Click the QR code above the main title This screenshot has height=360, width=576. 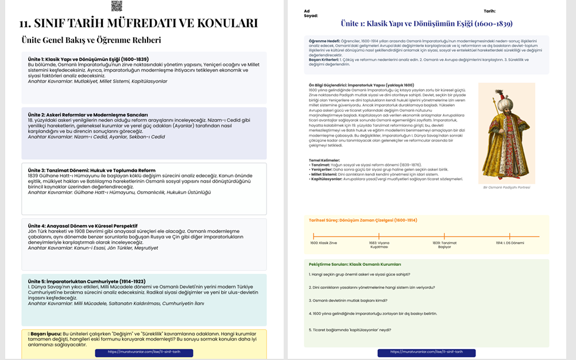[117, 6]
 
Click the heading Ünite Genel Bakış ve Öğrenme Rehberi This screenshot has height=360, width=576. [91, 40]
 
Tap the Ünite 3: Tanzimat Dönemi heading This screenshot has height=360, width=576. [91, 171]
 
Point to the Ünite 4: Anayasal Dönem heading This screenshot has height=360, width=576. [83, 226]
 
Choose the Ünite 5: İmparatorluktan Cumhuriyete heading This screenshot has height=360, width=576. [86, 281]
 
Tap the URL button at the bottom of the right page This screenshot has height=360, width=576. [426, 352]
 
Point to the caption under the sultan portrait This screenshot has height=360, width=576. [506, 187]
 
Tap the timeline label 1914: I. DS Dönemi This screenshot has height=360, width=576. [510, 243]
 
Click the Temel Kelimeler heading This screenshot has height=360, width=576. [324, 160]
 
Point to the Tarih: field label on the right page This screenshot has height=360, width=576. [489, 11]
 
